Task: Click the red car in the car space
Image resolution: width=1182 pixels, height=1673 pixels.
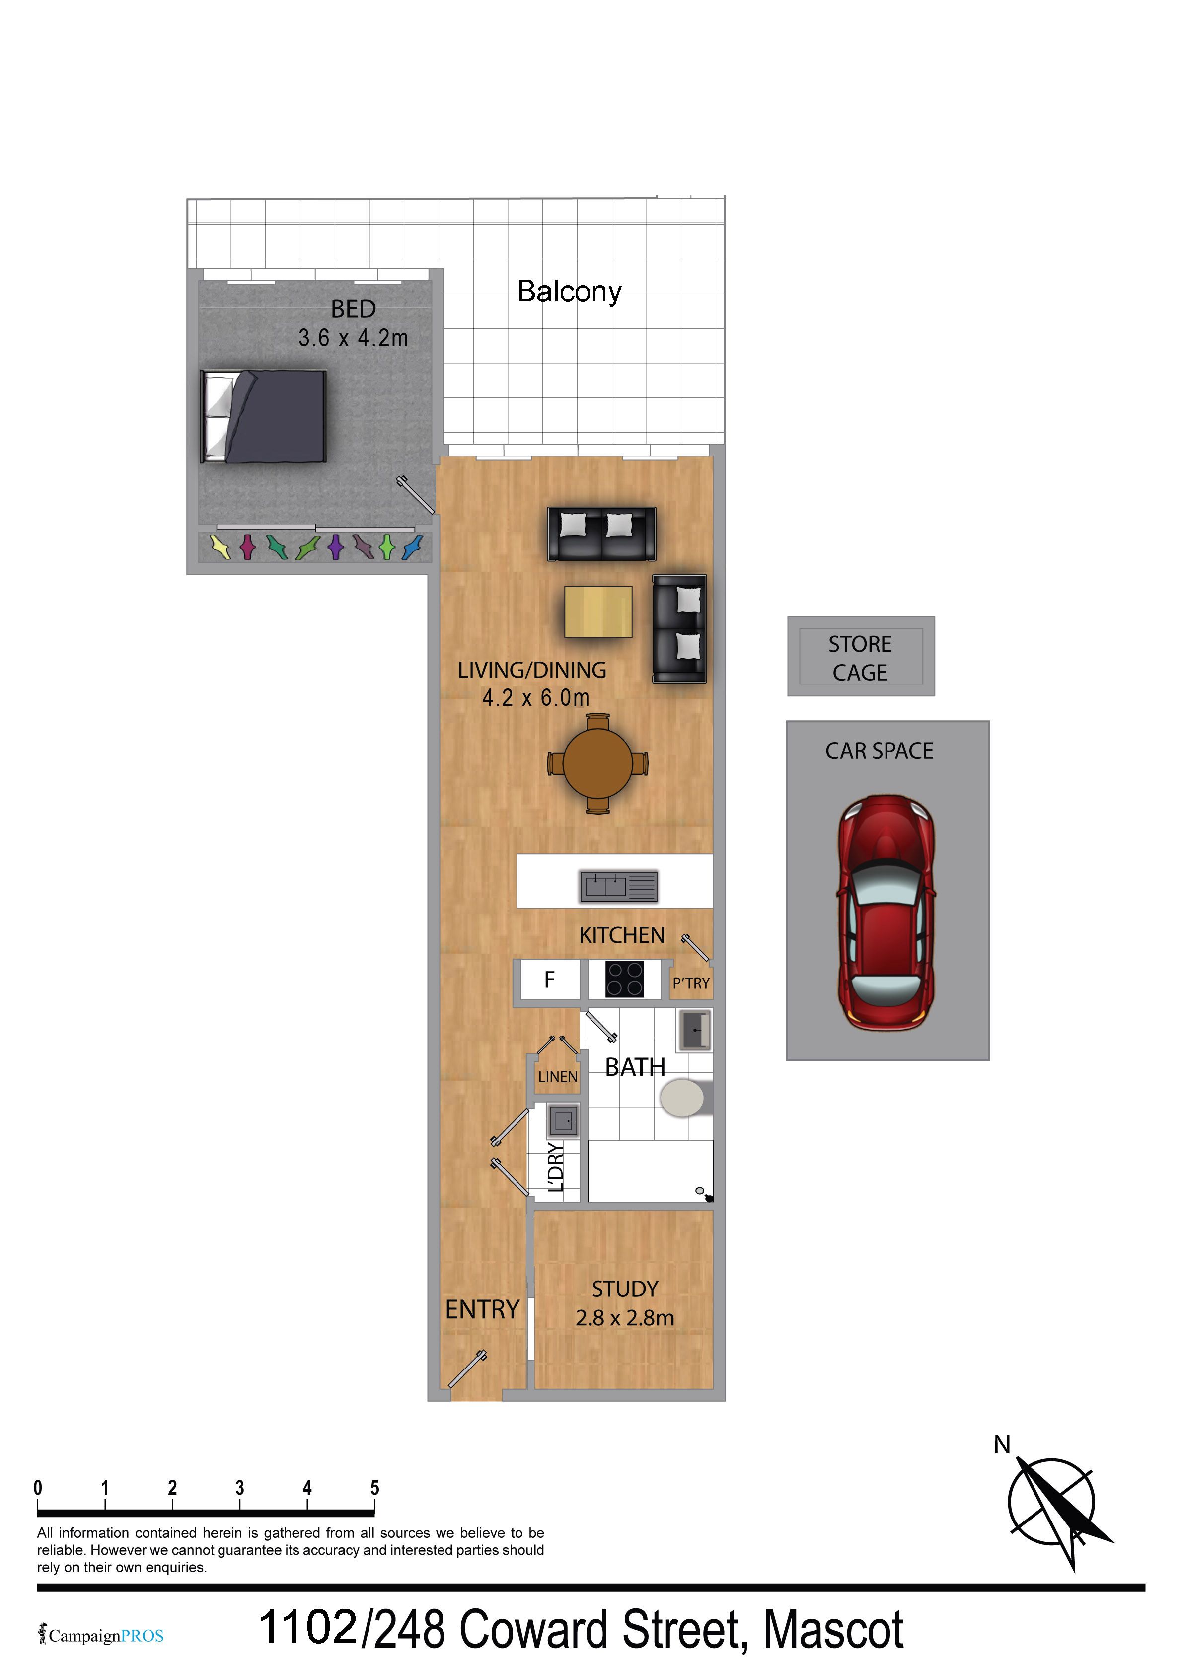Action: coord(886,913)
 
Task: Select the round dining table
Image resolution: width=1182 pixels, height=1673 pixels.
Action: coord(597,763)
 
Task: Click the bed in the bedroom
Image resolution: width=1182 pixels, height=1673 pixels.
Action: coord(263,416)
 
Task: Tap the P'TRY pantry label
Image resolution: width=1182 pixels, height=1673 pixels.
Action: coord(691,983)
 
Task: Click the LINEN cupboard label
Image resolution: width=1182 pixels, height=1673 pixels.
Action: coord(558,1076)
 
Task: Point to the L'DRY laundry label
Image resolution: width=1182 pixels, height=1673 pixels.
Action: coord(555,1167)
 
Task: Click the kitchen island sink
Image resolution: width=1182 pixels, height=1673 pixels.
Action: coord(619,886)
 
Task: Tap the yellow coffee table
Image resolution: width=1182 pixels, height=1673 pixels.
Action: coord(598,612)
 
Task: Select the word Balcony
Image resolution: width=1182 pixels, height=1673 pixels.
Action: coord(569,292)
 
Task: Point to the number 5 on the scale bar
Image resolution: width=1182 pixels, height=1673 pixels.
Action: coord(374,1488)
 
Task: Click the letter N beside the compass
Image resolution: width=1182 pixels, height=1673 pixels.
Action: coord(1002,1444)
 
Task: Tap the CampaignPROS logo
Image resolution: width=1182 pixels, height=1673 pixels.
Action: coord(101,1636)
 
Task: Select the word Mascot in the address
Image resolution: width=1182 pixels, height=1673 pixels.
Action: coord(834,1629)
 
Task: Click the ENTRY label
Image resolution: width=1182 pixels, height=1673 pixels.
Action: coord(482,1309)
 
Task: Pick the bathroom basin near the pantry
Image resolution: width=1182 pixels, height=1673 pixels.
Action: coord(694,1030)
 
